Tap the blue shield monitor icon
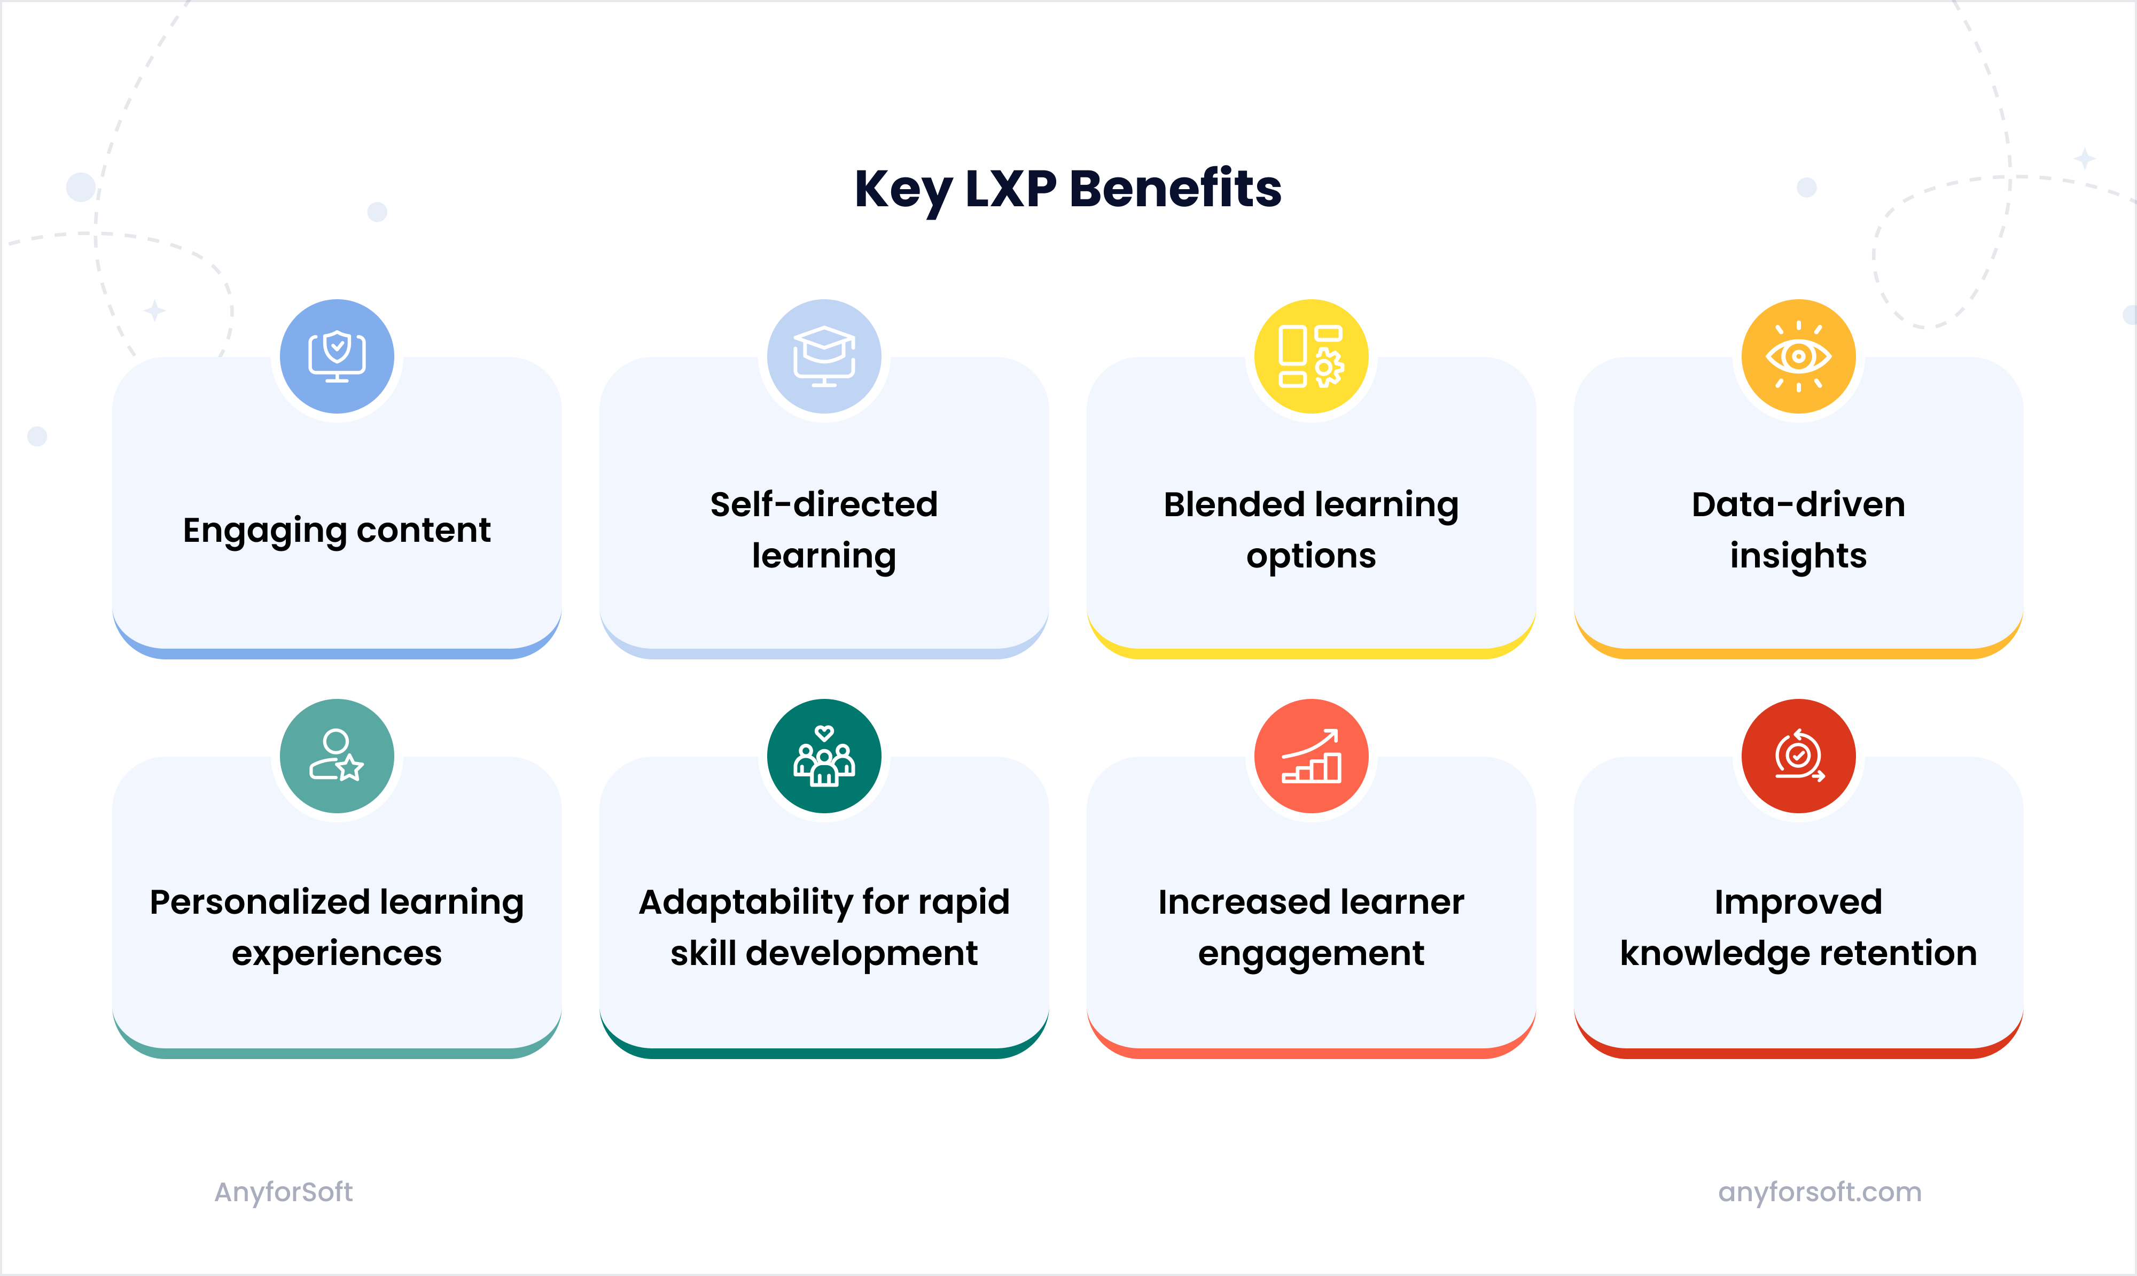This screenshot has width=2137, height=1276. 337,356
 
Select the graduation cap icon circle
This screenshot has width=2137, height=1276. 823,356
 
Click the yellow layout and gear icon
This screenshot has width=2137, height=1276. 1311,356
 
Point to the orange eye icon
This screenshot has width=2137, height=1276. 1798,356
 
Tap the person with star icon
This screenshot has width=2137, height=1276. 337,756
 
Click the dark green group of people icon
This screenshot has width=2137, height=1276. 823,756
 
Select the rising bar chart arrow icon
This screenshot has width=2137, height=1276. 1311,756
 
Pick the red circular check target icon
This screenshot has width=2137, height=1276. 1798,756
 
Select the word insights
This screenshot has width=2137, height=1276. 1798,556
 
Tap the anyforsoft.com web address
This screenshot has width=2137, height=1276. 1819,1192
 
